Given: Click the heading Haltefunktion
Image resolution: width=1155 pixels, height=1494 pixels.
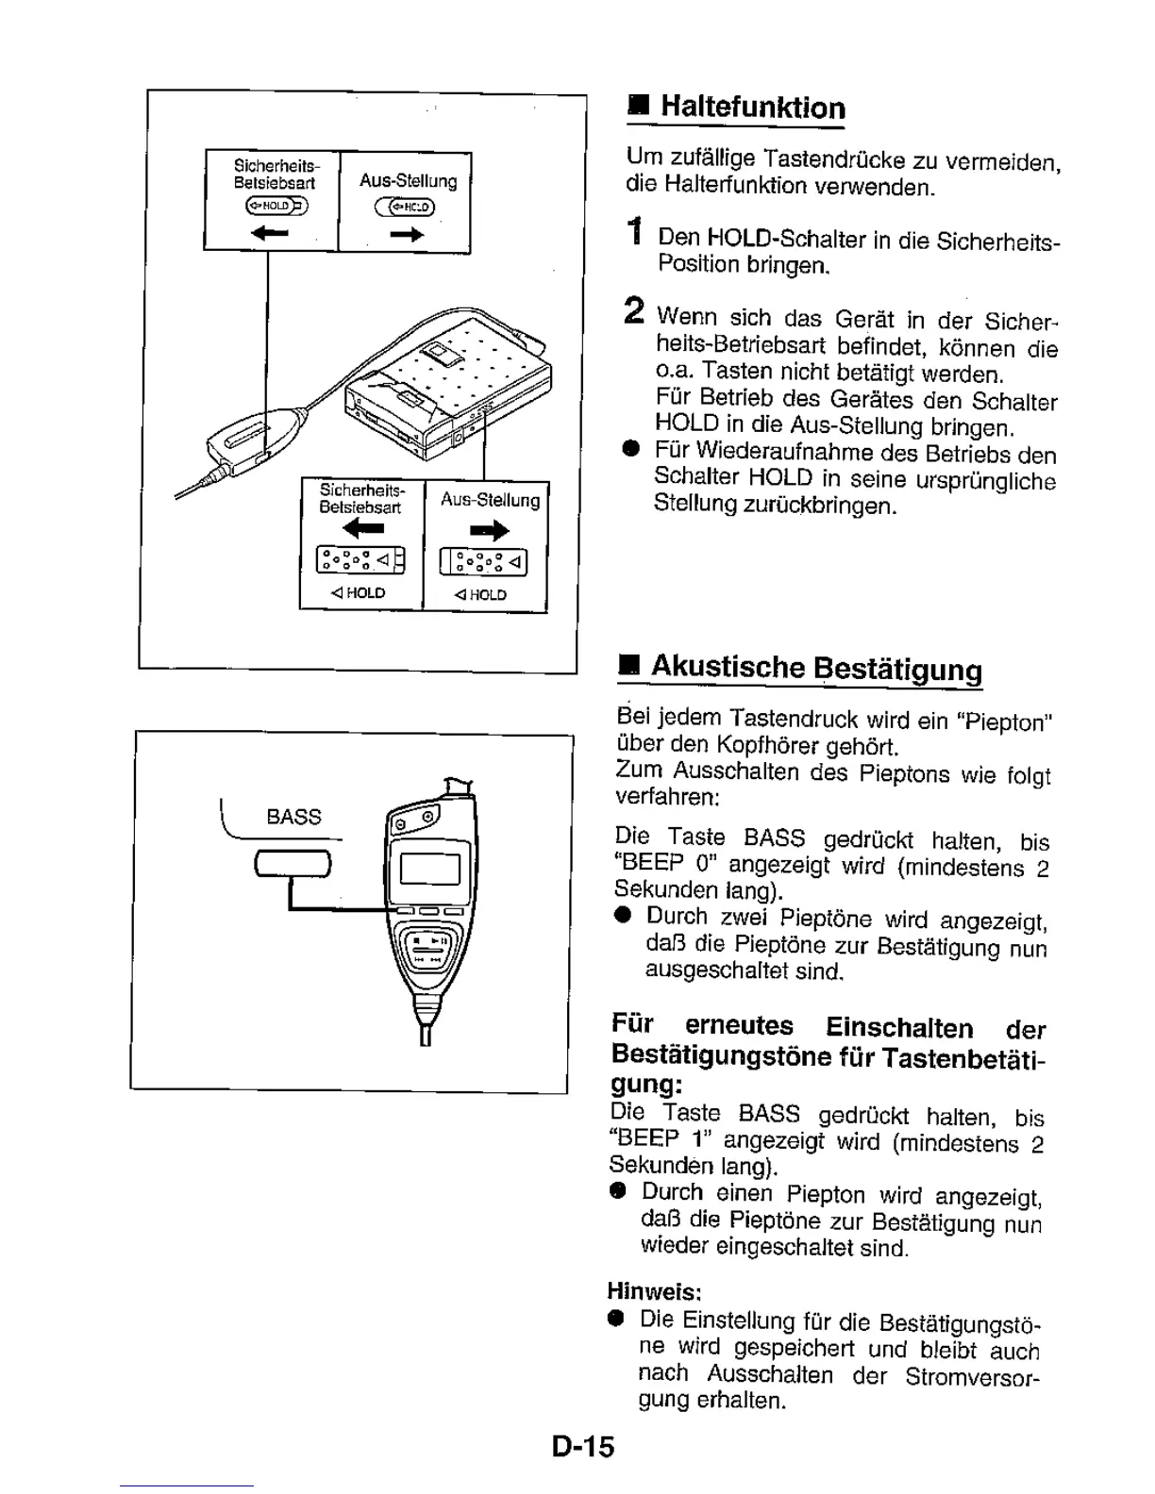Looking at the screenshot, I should [x=752, y=107].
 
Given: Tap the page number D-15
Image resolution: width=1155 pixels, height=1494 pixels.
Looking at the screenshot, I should [x=583, y=1446].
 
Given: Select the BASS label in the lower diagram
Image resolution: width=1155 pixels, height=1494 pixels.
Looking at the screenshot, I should [x=293, y=817].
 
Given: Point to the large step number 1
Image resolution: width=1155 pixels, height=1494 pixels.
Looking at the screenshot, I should [x=637, y=232].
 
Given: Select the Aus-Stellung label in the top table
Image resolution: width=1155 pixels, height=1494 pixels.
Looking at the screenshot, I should [x=408, y=181].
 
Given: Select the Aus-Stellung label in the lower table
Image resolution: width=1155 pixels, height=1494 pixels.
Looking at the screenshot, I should [x=490, y=500].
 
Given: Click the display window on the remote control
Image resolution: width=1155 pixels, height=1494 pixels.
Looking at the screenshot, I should [x=430, y=868].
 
